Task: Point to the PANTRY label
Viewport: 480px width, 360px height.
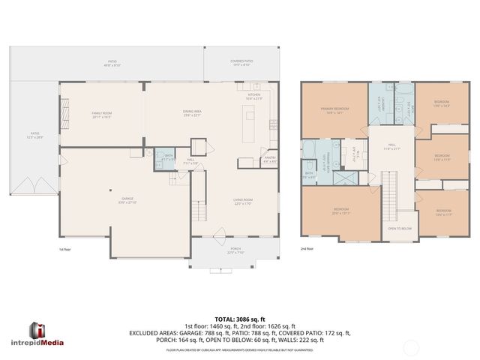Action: (269, 160)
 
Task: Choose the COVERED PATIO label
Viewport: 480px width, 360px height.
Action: (241, 63)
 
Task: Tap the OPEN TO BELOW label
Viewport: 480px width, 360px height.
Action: (399, 228)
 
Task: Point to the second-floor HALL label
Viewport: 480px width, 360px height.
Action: (391, 147)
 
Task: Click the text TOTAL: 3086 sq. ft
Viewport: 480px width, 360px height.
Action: (240, 319)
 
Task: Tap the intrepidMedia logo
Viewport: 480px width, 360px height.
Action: (46, 335)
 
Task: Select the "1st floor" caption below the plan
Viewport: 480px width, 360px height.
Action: (64, 248)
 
